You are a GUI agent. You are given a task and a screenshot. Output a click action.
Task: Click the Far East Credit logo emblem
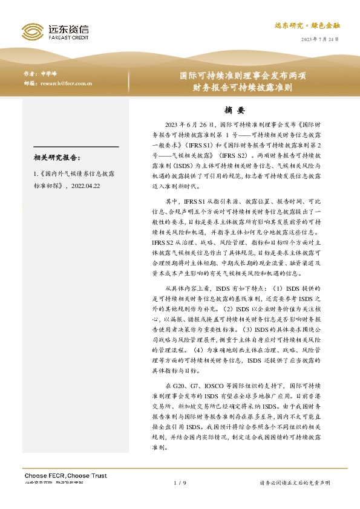[x=32, y=31]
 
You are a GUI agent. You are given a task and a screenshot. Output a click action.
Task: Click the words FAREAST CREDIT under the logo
[x=68, y=36]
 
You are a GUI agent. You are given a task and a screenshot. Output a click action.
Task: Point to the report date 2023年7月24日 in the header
[x=321, y=39]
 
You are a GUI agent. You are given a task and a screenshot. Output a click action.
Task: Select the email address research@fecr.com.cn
[x=67, y=84]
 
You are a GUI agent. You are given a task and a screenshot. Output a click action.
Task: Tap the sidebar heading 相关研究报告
[x=57, y=158]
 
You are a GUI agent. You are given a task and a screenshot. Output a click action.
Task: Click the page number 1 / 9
[x=179, y=483]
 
